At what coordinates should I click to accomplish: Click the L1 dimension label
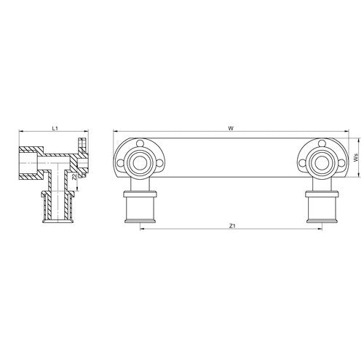(55, 128)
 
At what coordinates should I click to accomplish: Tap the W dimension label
(231, 128)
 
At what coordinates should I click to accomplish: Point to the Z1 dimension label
(232, 226)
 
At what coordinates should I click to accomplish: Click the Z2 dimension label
(74, 177)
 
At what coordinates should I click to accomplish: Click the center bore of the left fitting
(139, 162)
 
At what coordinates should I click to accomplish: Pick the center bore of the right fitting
(322, 162)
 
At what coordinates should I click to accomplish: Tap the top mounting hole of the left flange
(139, 143)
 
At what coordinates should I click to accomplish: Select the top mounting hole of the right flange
(322, 143)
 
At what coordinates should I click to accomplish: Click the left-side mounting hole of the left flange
(120, 163)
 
